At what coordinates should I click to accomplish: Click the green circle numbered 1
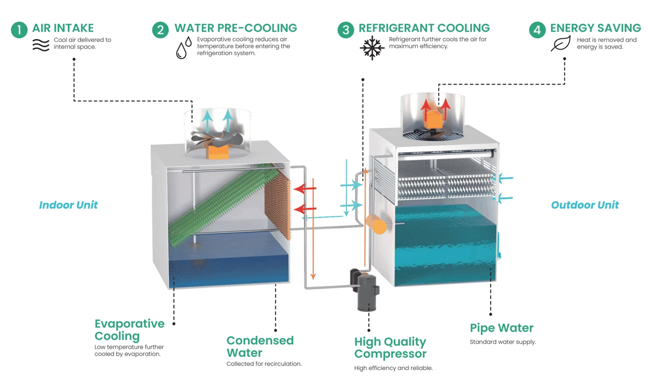(x=19, y=30)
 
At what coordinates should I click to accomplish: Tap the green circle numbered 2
(x=160, y=30)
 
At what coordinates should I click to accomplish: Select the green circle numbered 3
(x=346, y=30)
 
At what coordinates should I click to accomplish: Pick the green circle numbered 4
(x=537, y=30)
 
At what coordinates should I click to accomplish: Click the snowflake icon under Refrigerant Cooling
(x=372, y=48)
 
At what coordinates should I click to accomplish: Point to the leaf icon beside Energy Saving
(x=561, y=43)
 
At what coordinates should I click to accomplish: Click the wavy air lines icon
(x=41, y=45)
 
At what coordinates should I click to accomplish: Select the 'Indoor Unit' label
(x=68, y=205)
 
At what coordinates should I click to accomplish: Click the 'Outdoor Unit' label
(x=585, y=205)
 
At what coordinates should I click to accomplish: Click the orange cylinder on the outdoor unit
(x=376, y=224)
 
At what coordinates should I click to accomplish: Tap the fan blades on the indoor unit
(x=217, y=139)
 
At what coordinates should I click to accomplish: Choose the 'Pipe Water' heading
(x=502, y=328)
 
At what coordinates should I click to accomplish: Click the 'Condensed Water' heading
(x=260, y=347)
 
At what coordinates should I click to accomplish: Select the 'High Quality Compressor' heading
(x=390, y=348)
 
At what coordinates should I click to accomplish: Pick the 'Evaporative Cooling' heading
(x=129, y=330)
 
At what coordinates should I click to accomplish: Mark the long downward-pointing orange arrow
(x=313, y=229)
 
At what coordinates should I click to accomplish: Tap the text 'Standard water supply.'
(x=503, y=342)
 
